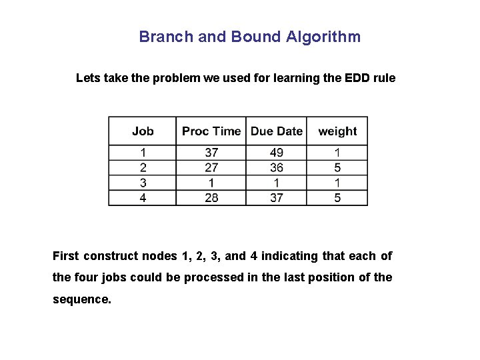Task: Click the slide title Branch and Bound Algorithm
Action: click(249, 37)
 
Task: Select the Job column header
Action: click(143, 131)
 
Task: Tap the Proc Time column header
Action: click(211, 131)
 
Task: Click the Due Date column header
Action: click(276, 131)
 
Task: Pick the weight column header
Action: click(337, 131)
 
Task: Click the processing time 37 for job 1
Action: click(211, 153)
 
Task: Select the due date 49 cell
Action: click(277, 153)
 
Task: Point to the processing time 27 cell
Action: click(211, 167)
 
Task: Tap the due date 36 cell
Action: click(277, 167)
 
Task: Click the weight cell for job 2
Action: click(337, 167)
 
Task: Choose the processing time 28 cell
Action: click(211, 197)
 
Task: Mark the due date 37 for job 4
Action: click(277, 197)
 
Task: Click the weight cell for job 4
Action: click(337, 197)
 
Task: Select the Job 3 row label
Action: click(143, 183)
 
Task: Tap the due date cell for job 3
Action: click(277, 183)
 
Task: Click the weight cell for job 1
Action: click(337, 153)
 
